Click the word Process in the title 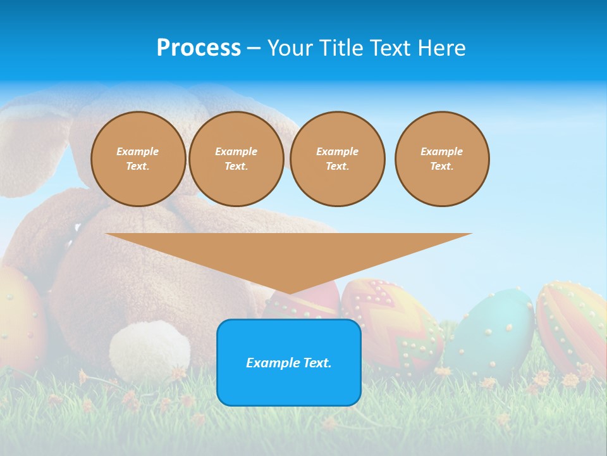click(199, 48)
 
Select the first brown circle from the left click(138, 159)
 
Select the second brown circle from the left click(236, 159)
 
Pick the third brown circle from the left click(337, 159)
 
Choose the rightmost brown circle click(441, 159)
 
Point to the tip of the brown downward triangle click(290, 292)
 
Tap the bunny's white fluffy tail click(149, 350)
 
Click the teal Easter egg click(496, 332)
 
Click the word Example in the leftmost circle click(138, 151)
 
